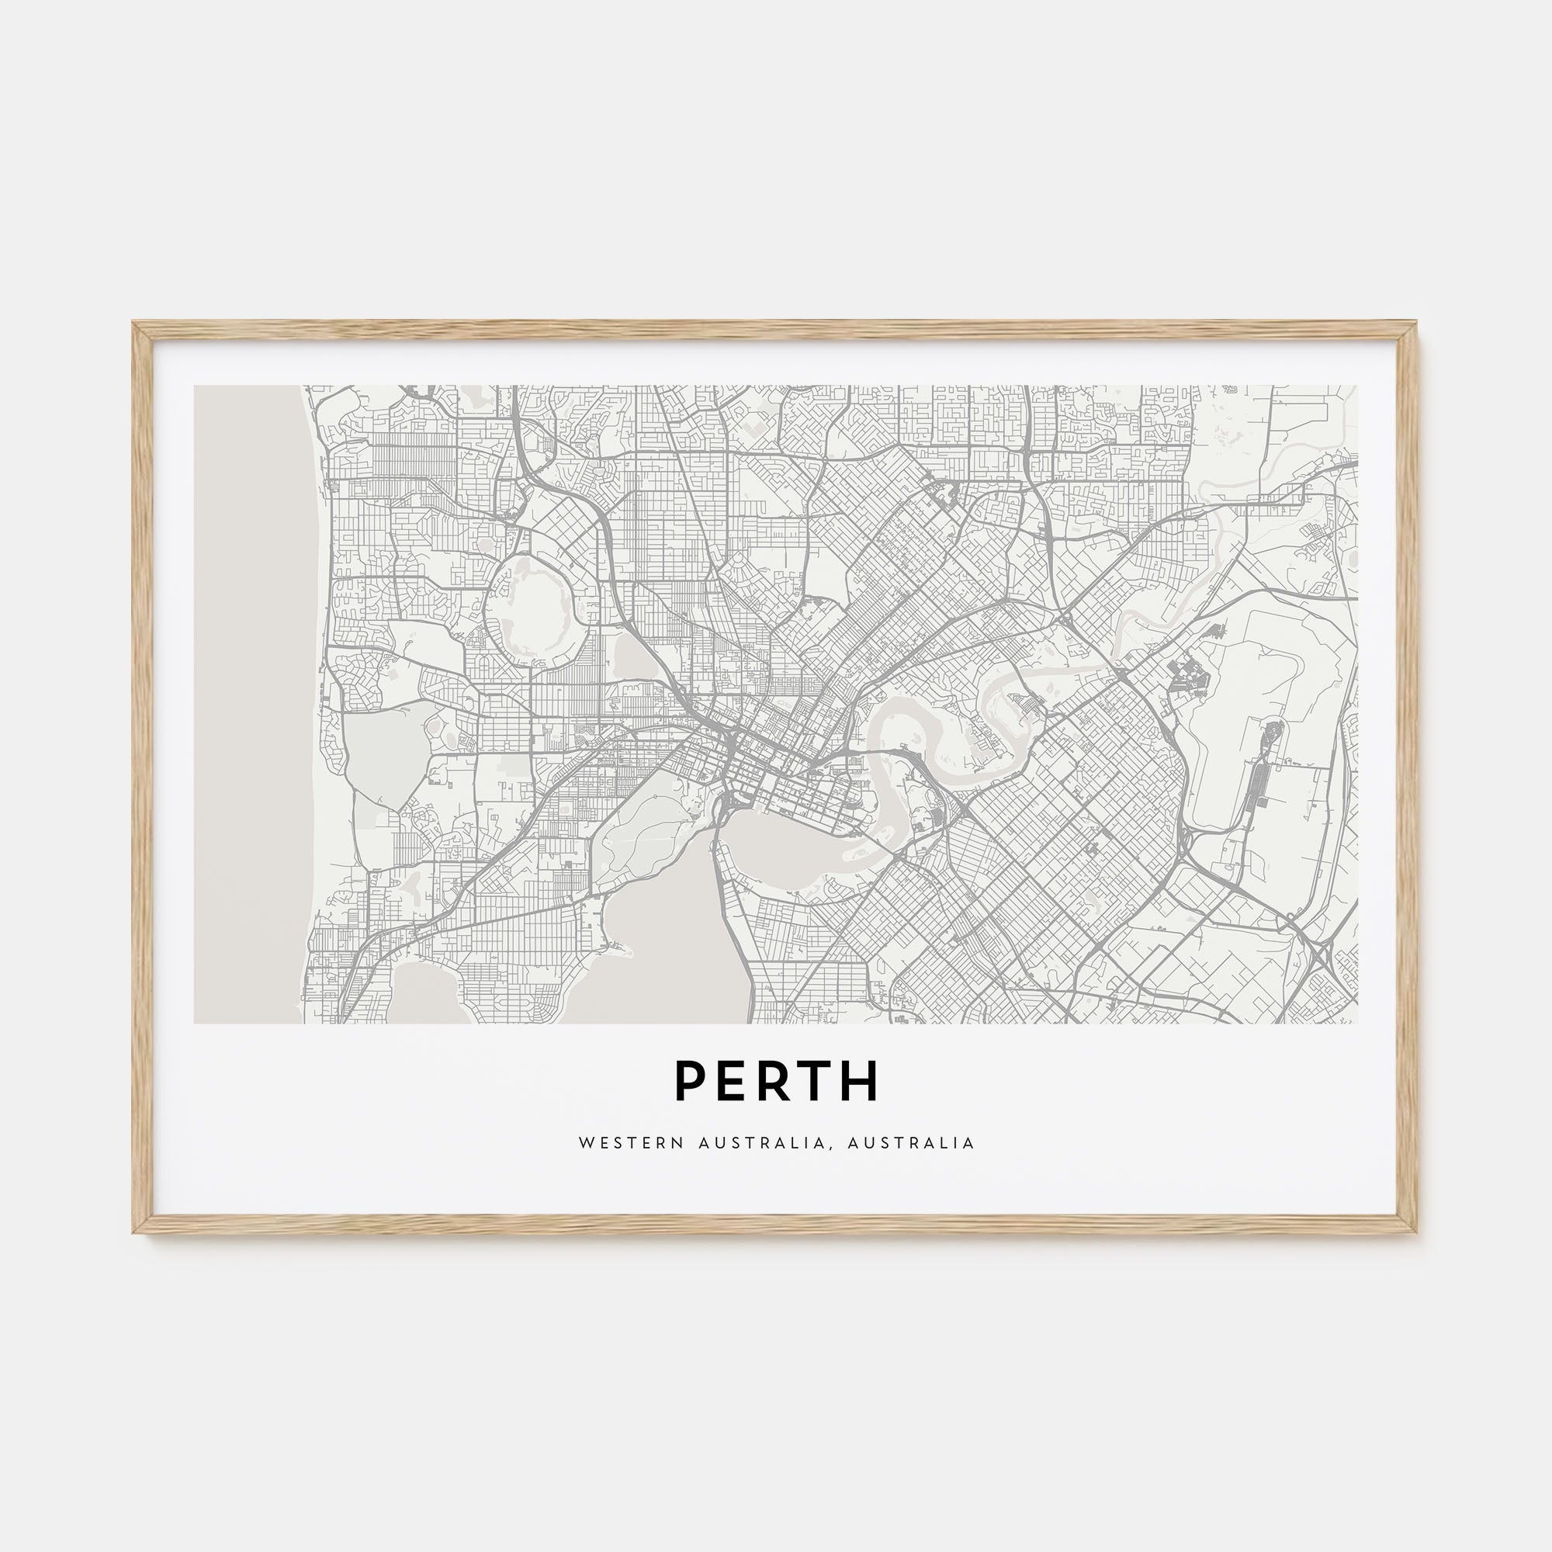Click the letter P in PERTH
[x=691, y=1081]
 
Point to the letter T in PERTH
[x=819, y=1081]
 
